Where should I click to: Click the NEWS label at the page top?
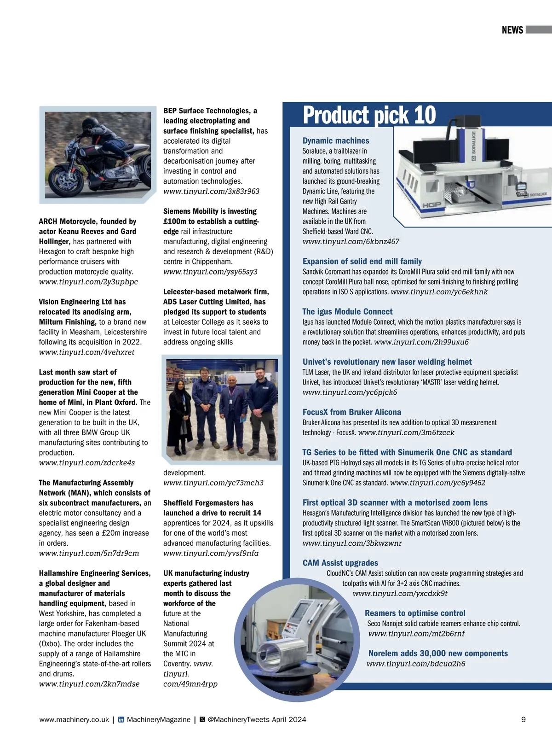(x=512, y=30)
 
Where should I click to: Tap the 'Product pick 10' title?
(x=369, y=115)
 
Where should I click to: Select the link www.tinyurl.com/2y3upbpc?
(x=88, y=281)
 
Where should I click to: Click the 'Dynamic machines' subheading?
(x=335, y=141)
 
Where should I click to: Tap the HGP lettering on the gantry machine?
(x=431, y=204)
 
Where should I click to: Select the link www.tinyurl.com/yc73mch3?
(x=213, y=483)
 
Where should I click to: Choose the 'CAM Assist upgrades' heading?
(x=340, y=563)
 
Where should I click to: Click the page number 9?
(x=523, y=719)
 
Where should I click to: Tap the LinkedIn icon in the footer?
(x=121, y=719)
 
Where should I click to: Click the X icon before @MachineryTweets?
(x=202, y=719)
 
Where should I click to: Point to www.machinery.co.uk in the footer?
(x=74, y=719)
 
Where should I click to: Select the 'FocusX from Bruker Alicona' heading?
(x=352, y=412)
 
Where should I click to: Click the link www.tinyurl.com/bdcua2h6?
(x=416, y=664)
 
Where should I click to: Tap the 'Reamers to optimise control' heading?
(x=415, y=613)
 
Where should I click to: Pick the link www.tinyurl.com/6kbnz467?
(x=351, y=241)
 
